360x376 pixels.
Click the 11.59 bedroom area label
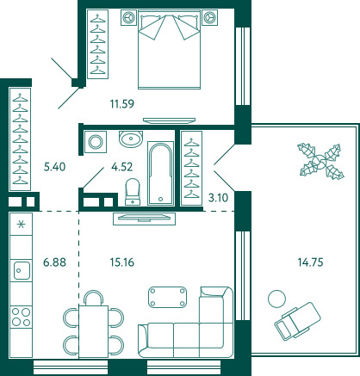(x=122, y=104)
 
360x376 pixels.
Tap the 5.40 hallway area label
(x=54, y=167)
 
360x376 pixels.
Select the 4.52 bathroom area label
(x=122, y=167)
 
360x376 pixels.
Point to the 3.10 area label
(x=218, y=198)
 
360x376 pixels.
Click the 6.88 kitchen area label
(x=54, y=262)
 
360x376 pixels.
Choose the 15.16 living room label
(x=122, y=262)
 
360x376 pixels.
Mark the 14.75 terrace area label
(x=310, y=262)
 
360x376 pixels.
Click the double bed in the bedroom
(x=169, y=49)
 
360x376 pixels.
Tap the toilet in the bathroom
(x=133, y=192)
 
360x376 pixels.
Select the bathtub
(x=161, y=173)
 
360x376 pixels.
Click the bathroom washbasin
(x=131, y=139)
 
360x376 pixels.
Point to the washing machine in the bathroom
(x=96, y=142)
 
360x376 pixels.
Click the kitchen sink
(x=22, y=270)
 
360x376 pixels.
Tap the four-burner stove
(x=21, y=317)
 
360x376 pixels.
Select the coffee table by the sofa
(x=167, y=297)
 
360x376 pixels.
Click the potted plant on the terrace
(x=320, y=161)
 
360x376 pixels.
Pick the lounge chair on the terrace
(x=297, y=321)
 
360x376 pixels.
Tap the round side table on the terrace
(x=276, y=299)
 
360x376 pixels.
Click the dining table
(x=94, y=331)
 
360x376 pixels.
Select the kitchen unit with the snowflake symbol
(x=21, y=224)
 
